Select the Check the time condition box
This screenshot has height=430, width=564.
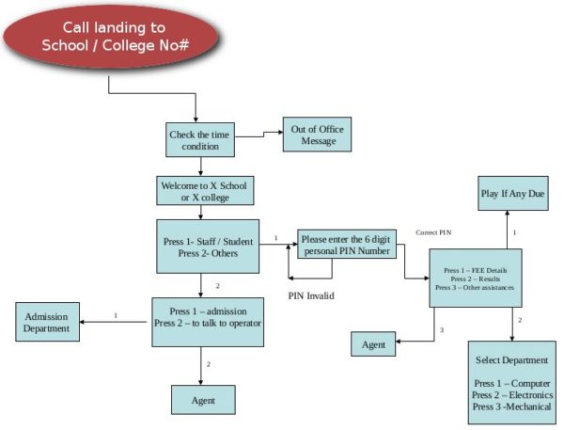tap(198, 141)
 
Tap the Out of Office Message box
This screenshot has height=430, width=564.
tap(318, 135)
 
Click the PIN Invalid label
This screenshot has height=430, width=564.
tap(311, 295)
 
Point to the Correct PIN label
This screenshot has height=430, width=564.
tap(433, 231)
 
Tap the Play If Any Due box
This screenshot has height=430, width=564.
tap(512, 193)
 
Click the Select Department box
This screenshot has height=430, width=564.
tap(512, 383)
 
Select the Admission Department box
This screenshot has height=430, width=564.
tap(47, 323)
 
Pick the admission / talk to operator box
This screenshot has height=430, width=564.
tap(207, 321)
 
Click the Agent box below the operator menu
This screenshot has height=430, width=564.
tap(203, 400)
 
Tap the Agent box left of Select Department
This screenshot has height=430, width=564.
tap(373, 345)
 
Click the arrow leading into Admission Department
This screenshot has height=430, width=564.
tap(86, 323)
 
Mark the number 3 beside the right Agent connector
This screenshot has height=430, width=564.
tap(441, 329)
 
